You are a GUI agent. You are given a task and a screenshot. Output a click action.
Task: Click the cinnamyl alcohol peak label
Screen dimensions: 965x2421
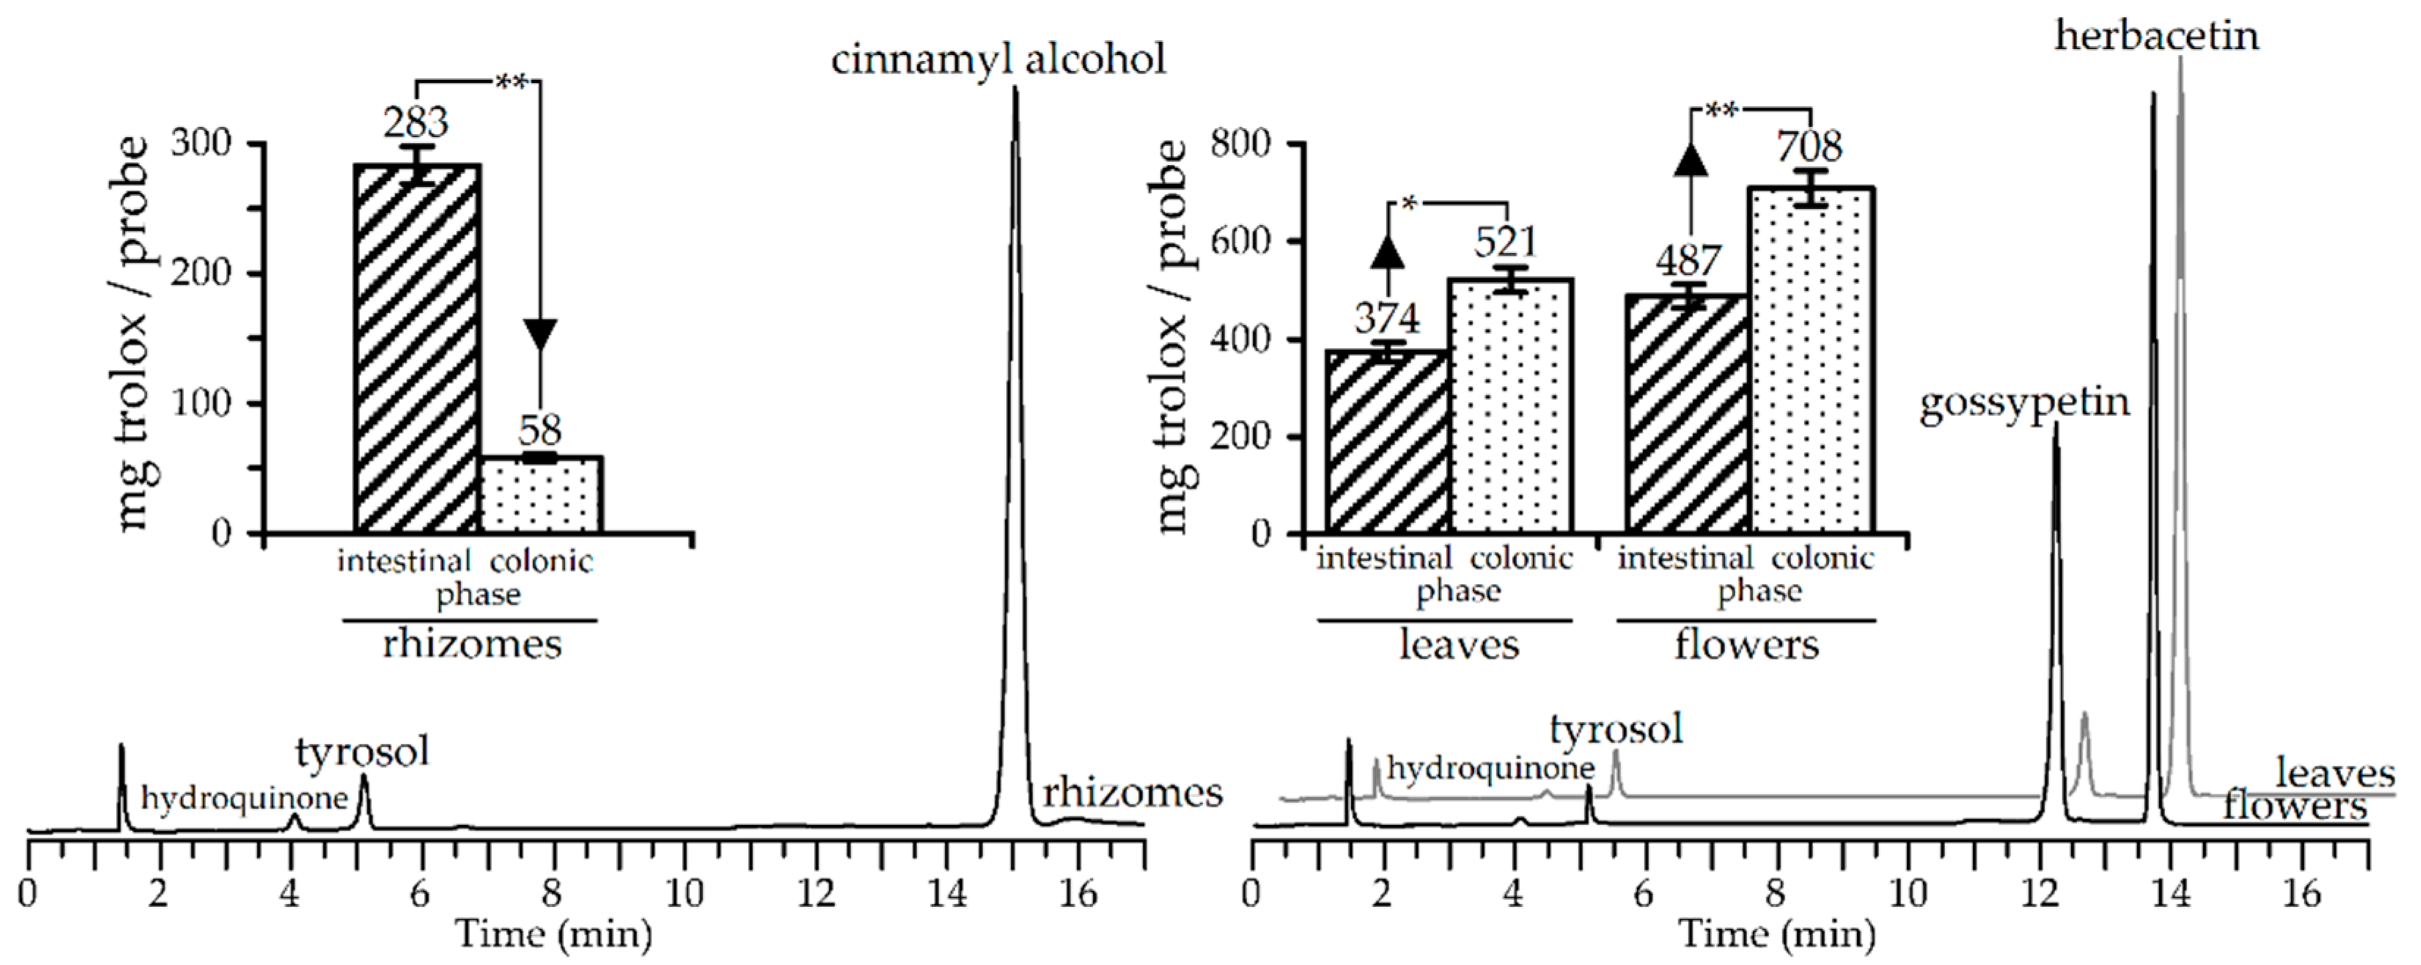point(997,59)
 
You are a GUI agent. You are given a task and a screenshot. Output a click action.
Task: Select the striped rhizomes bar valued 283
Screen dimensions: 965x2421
point(417,347)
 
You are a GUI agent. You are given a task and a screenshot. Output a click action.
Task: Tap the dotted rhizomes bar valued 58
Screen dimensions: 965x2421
point(541,495)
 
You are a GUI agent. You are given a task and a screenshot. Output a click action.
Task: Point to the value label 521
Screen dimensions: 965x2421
point(1505,243)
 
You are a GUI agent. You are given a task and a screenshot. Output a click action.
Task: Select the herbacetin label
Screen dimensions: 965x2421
point(2156,36)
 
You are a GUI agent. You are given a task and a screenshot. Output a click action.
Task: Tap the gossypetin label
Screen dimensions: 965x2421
point(2024,403)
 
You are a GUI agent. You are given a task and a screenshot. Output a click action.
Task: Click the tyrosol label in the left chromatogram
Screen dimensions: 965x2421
point(362,752)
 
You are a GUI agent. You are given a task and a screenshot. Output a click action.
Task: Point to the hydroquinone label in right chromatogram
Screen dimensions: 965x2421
point(1491,769)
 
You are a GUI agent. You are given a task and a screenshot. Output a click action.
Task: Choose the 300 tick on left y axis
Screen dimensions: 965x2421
point(200,144)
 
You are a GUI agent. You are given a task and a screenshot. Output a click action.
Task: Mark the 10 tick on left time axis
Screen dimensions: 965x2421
point(684,892)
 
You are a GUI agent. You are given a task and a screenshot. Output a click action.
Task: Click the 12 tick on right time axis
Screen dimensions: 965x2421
point(2038,892)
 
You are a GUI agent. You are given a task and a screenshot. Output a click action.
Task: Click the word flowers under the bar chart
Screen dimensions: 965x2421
point(1746,645)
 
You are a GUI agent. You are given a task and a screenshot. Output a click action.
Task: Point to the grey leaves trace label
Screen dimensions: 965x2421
point(2334,773)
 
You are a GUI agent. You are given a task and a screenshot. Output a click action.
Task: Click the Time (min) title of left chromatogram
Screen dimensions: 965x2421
point(554,934)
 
